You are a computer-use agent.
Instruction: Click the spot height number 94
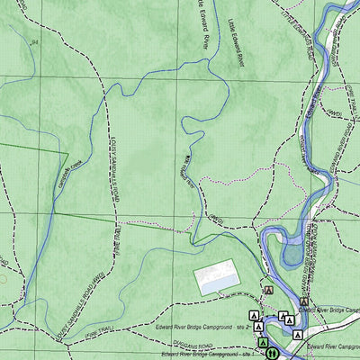[35, 41]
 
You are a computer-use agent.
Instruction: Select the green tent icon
[263, 343]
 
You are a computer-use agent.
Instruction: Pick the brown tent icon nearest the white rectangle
[268, 292]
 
